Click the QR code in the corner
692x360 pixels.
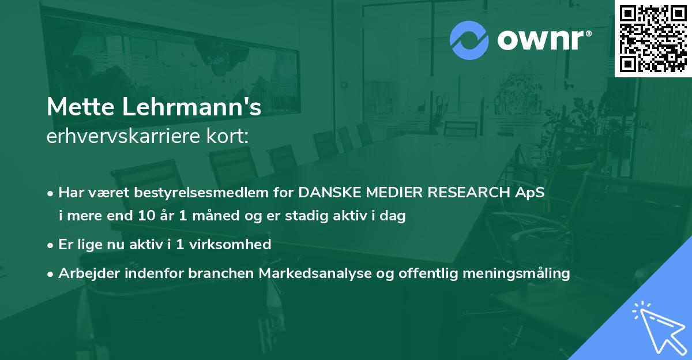[653, 39]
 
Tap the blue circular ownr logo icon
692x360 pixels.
[469, 40]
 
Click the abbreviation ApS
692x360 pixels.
[530, 193]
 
